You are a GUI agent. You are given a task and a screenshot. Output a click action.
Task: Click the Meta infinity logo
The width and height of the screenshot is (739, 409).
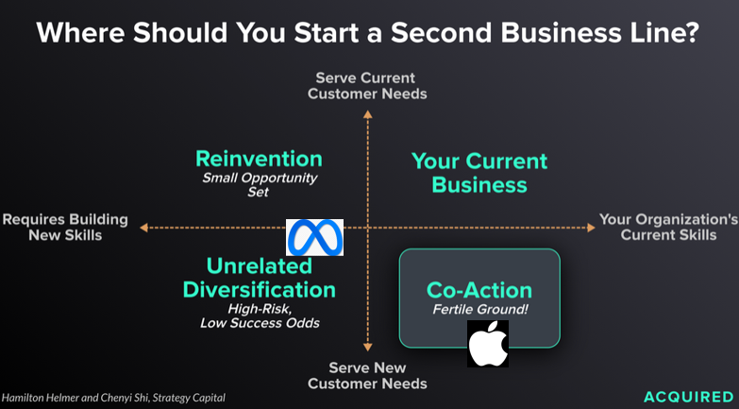pos(315,237)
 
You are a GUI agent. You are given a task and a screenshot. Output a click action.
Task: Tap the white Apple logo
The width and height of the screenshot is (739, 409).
pos(488,344)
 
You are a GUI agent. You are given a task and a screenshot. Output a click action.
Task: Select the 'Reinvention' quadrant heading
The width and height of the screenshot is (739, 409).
pos(260,159)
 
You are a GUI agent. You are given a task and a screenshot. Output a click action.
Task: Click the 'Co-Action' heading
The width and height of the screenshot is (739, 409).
pos(479,290)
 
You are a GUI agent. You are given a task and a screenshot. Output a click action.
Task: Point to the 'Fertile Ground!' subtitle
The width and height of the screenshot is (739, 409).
pos(480,310)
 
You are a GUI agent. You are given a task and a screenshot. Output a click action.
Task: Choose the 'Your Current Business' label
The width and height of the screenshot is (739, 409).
pos(479,173)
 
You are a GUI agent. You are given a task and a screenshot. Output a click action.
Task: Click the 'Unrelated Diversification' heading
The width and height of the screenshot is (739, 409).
pos(260,278)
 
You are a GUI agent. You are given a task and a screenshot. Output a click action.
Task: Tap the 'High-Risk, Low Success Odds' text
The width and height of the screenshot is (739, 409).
pos(260,316)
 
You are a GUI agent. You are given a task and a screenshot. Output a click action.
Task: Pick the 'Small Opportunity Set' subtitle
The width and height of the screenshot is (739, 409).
pos(260,185)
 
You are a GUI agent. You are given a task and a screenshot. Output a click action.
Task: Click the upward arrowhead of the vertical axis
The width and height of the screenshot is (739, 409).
pos(368,114)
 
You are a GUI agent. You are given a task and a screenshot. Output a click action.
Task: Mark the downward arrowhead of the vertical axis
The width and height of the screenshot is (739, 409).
pos(368,348)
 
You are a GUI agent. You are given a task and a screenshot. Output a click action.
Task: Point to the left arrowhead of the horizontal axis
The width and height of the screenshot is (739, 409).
pos(143,228)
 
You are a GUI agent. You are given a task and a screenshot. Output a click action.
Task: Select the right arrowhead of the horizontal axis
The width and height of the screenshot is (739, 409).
pos(591,228)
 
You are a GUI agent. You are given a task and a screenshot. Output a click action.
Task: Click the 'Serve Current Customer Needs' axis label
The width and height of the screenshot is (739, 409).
pos(367,86)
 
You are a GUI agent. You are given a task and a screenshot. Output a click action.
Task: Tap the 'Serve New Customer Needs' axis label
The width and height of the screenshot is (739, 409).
pos(367,376)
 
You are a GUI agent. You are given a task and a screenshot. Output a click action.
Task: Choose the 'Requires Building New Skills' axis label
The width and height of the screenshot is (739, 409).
pos(65,227)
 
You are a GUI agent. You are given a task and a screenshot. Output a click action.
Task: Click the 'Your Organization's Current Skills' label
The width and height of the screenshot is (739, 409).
pos(668,227)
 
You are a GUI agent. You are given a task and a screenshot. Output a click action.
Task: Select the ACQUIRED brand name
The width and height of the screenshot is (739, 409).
pos(689,397)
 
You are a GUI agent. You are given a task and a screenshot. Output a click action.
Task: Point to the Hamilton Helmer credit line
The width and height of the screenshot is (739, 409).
pos(113,398)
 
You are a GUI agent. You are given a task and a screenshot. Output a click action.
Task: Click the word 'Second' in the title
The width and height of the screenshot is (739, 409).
pos(442,32)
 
